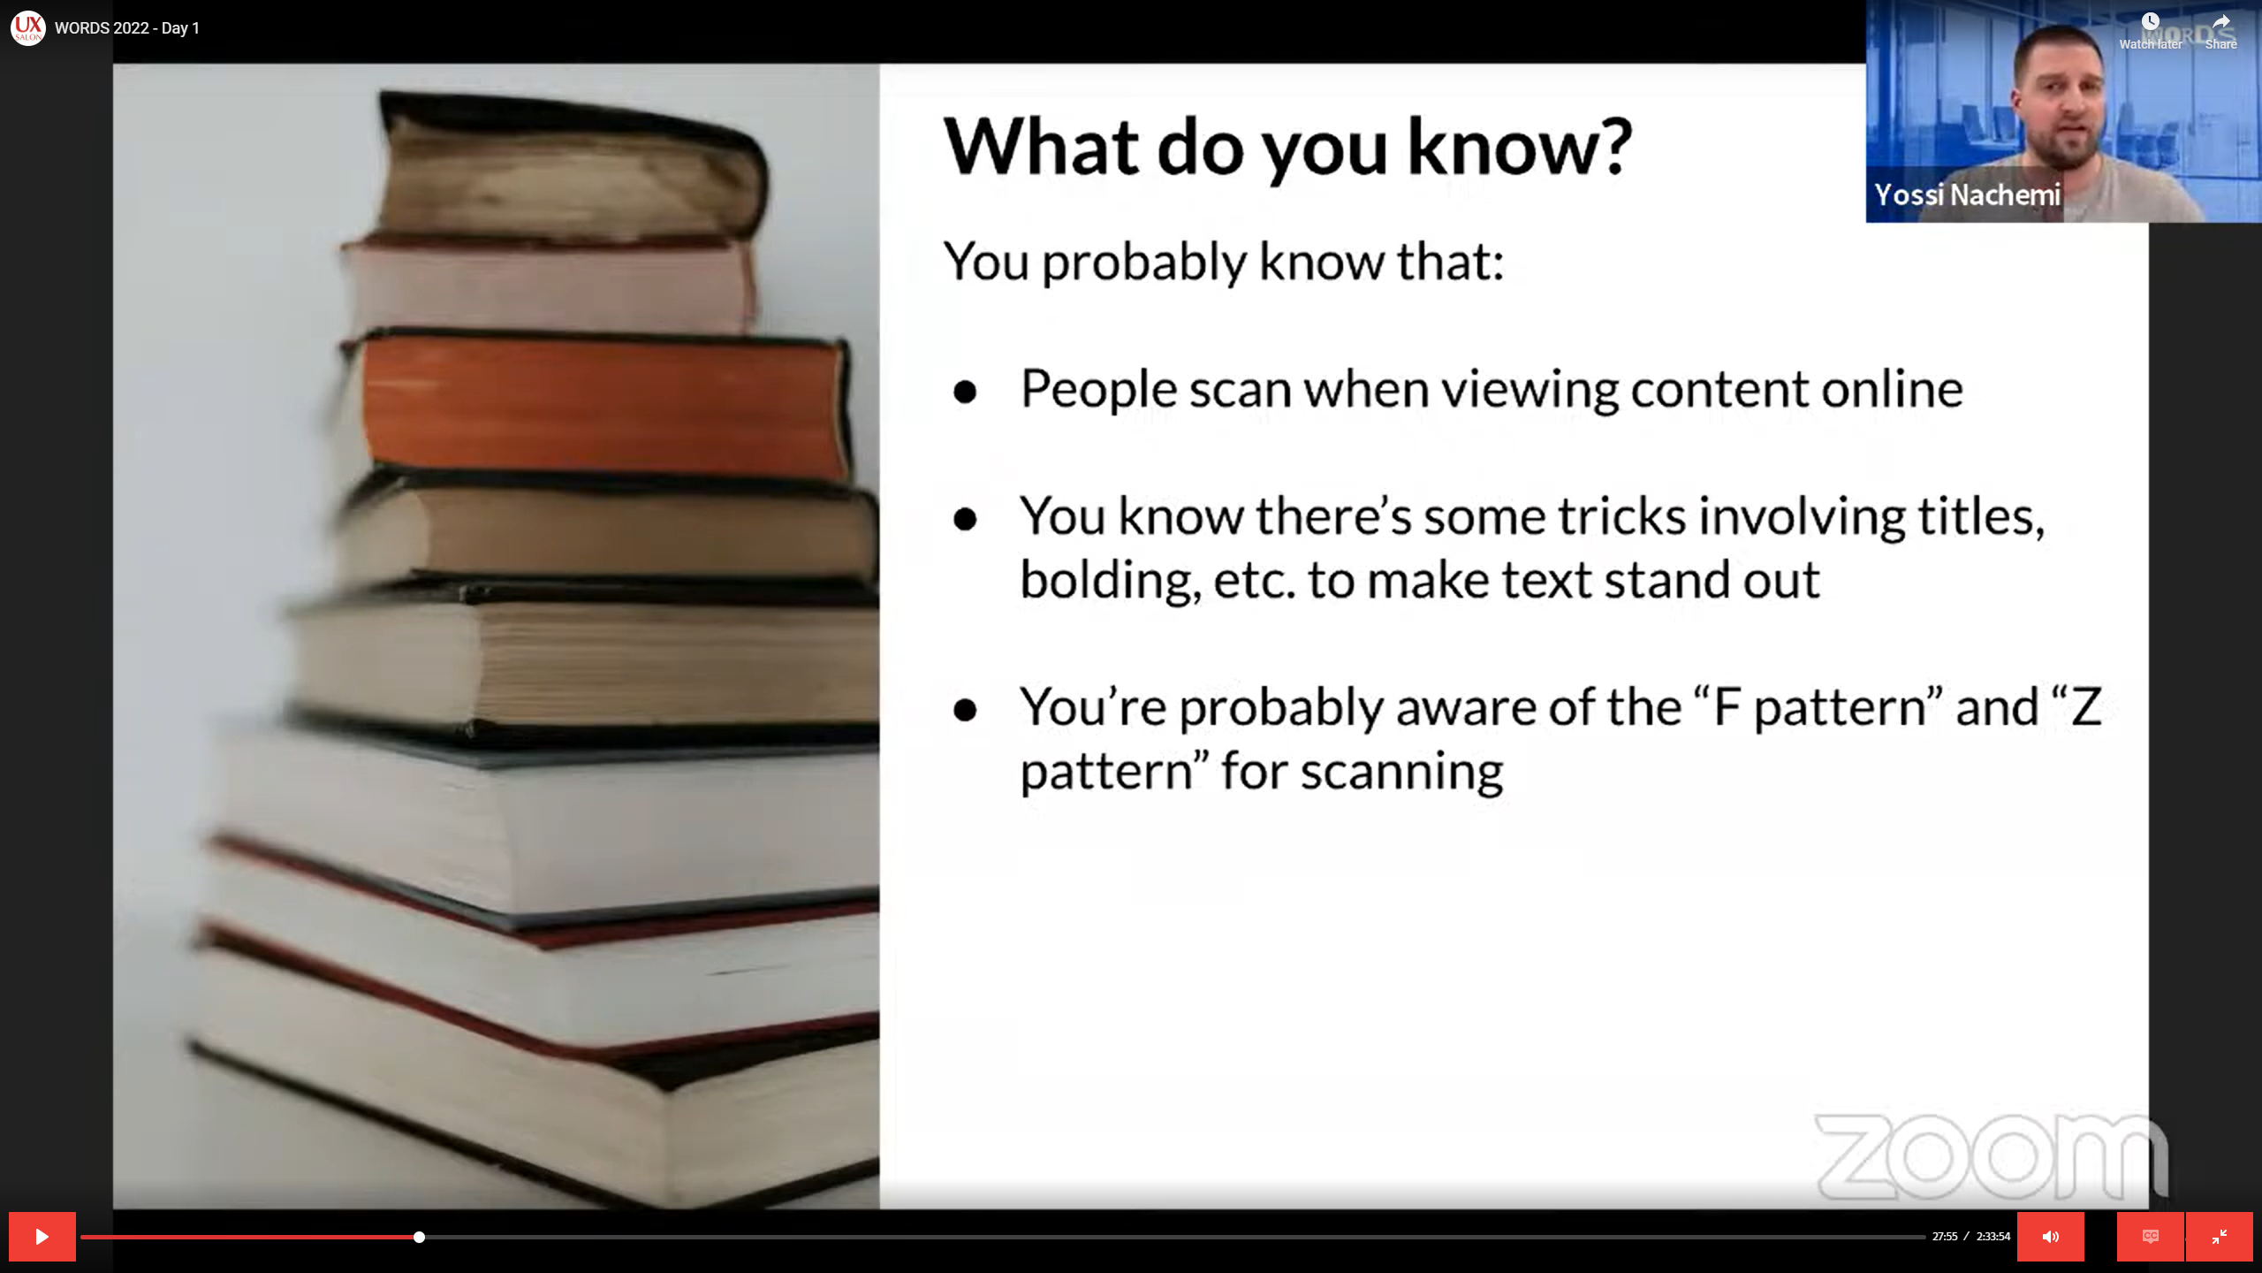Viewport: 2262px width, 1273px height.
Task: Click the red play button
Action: coord(42,1237)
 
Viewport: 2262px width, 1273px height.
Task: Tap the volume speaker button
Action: coord(2050,1237)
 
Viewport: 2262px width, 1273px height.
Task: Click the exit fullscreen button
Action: coord(2219,1237)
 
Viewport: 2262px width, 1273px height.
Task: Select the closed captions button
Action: coord(2151,1237)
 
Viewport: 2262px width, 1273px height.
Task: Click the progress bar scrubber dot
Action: coord(419,1237)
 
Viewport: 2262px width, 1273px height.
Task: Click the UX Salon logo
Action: coord(27,28)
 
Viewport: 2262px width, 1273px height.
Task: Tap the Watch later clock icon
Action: coord(2150,21)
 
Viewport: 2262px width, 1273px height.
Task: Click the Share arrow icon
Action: coord(2220,21)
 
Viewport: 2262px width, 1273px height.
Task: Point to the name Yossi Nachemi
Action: coord(1967,194)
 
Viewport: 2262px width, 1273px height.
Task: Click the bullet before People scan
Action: coord(965,392)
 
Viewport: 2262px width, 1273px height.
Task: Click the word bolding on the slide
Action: coord(1110,582)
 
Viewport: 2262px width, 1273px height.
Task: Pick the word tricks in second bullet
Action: coord(1621,516)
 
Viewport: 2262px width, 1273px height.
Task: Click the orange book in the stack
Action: coord(601,407)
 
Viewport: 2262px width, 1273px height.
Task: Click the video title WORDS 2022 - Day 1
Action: coord(127,28)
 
